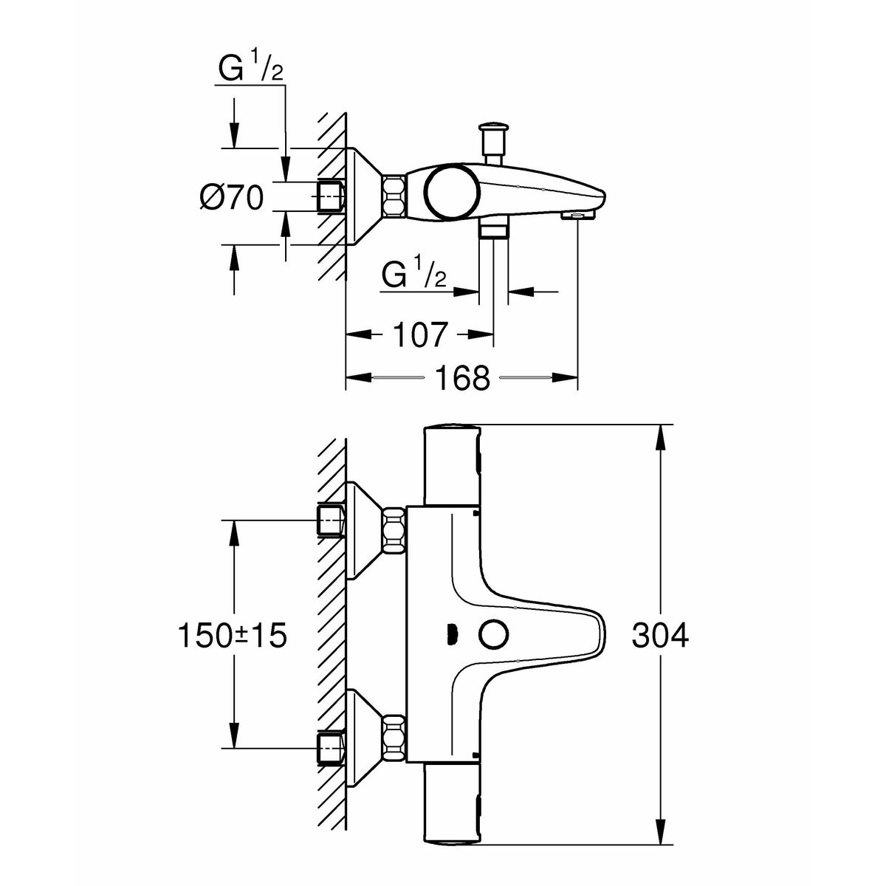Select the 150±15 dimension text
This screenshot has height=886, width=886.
click(x=231, y=635)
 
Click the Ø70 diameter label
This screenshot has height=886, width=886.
click(x=231, y=197)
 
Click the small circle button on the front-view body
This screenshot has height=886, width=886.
click(x=492, y=633)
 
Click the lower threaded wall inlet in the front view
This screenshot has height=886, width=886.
click(x=331, y=746)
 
